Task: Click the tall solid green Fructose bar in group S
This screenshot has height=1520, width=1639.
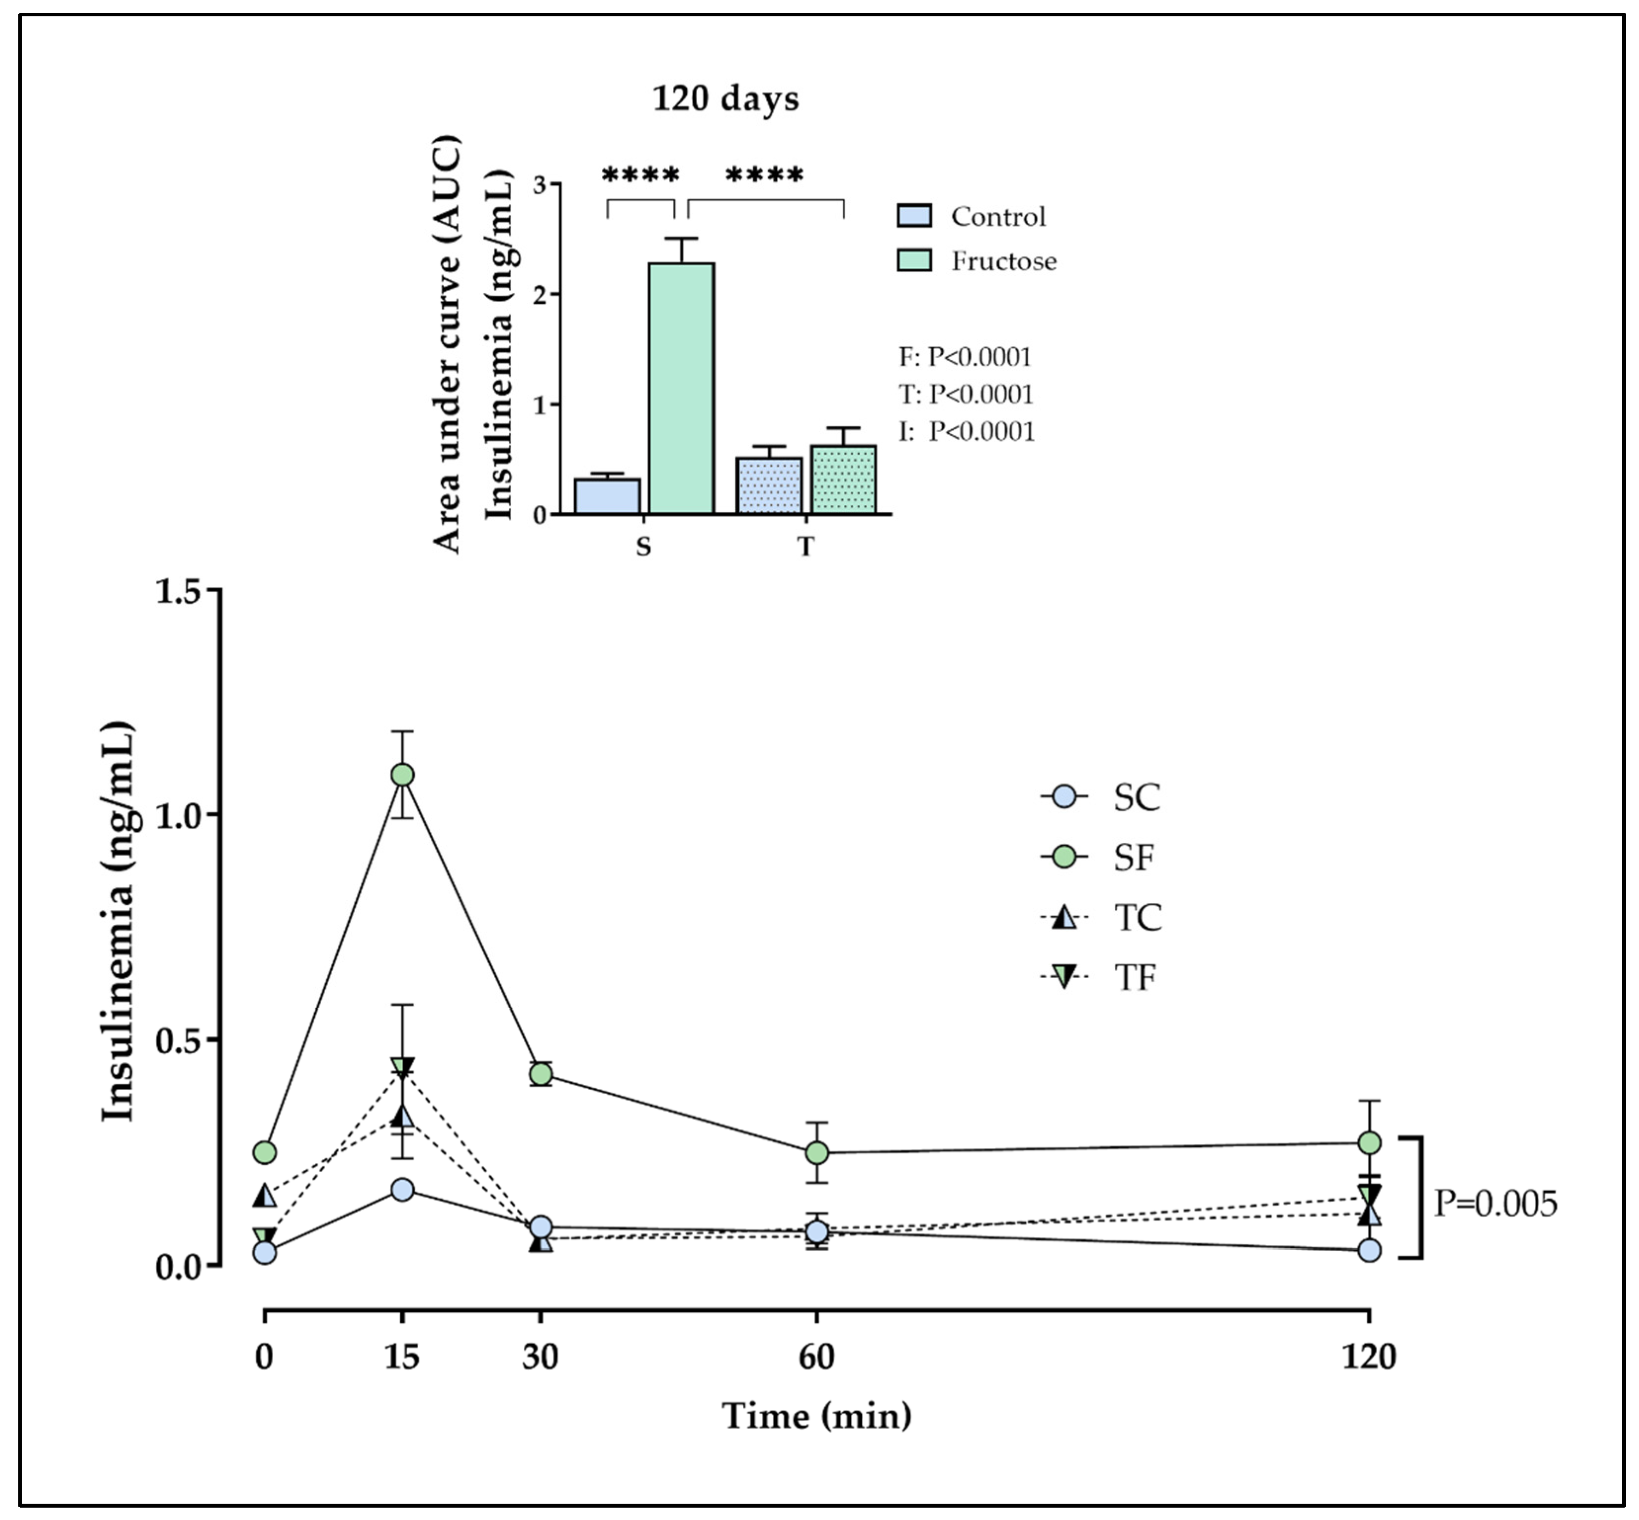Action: [681, 388]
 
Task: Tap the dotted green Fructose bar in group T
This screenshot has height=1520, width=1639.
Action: [843, 480]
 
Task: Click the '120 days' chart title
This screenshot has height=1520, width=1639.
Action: [725, 99]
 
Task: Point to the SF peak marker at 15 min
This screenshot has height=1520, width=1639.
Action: [402, 774]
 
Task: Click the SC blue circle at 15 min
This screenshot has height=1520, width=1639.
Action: [402, 1190]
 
